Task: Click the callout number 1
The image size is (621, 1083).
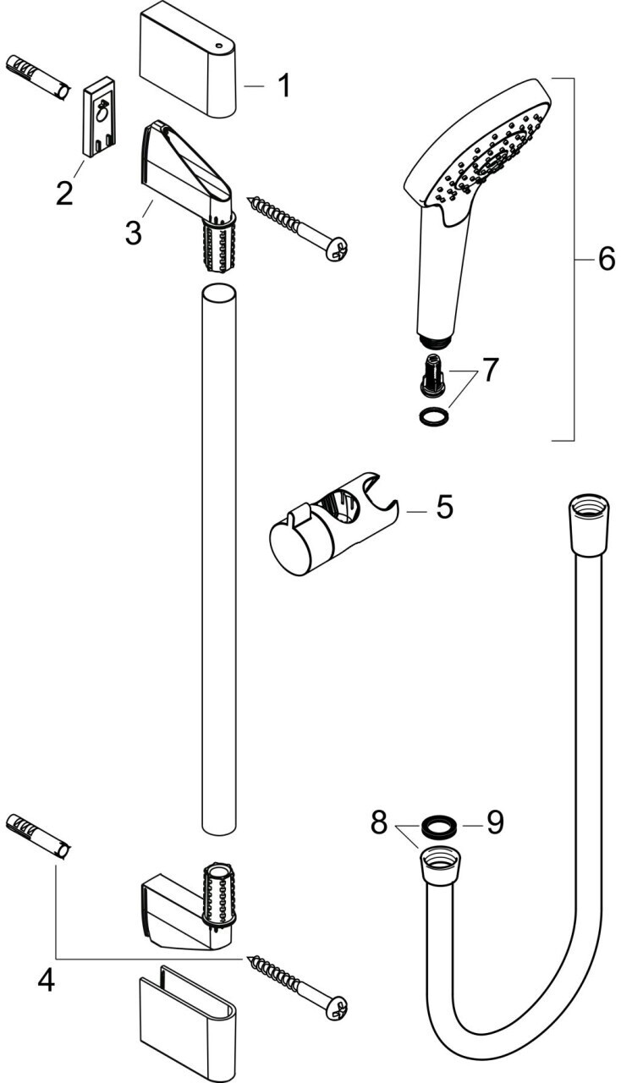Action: point(284,85)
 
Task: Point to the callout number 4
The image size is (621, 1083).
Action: point(47,981)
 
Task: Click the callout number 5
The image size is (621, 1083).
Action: point(444,507)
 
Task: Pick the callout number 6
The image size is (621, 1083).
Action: point(607,260)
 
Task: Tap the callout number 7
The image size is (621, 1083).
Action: point(490,370)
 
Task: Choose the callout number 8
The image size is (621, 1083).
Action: point(379,822)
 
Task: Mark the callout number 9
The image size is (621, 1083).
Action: point(495,822)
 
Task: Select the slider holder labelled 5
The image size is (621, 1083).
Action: point(333,524)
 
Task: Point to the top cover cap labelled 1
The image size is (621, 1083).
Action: point(188,64)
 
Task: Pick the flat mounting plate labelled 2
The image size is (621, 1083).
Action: point(102,116)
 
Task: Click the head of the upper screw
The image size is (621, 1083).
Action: point(337,249)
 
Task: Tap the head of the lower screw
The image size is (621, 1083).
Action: point(336,1007)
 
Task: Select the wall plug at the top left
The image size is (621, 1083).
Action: point(39,79)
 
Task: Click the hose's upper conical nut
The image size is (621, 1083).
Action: point(587,523)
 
